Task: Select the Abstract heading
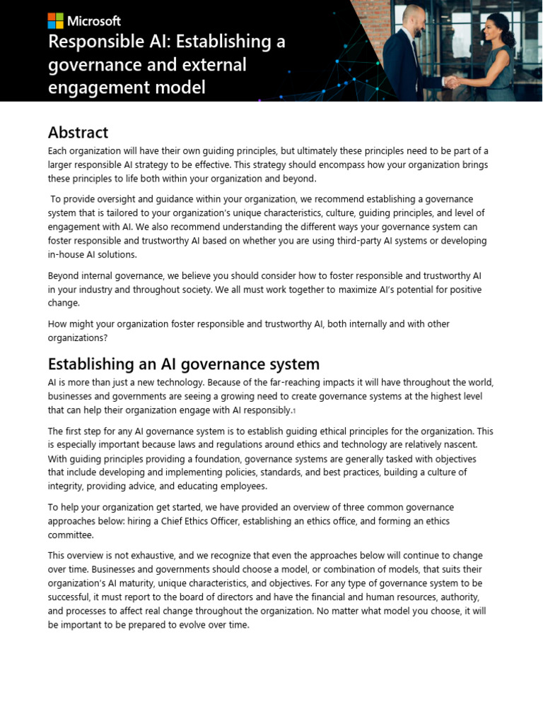pos(78,132)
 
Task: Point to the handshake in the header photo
pos(451,81)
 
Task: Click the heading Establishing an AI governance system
pos(183,364)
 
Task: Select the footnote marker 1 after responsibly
pos(294,411)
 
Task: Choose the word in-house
pos(69,254)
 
